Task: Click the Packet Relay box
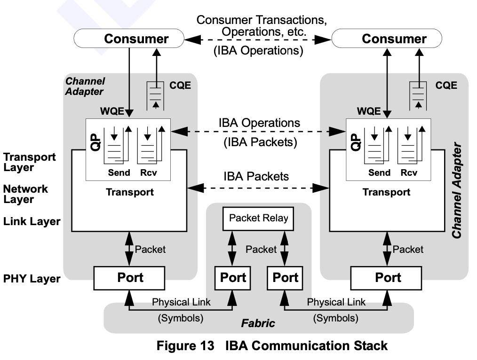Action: [x=258, y=219]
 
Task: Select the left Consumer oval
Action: [x=129, y=39]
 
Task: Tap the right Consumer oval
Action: [x=387, y=39]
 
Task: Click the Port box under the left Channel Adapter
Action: [x=129, y=278]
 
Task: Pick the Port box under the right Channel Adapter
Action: [x=386, y=278]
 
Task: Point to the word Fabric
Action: [x=258, y=323]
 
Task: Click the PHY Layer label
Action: [x=32, y=279]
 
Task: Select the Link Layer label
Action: [x=32, y=221]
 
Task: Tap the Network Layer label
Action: [x=25, y=194]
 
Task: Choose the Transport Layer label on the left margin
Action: [x=29, y=162]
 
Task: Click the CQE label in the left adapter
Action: [x=180, y=86]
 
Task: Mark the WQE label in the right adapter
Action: [x=369, y=111]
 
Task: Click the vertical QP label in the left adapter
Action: [x=95, y=142]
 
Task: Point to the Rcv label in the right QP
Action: [x=409, y=172]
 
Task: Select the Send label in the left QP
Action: [x=119, y=172]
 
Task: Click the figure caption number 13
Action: [x=207, y=346]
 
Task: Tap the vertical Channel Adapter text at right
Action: [x=457, y=190]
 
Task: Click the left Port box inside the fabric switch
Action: [x=233, y=278]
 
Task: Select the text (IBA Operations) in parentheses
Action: [x=258, y=50]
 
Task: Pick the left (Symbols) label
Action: [x=180, y=318]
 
